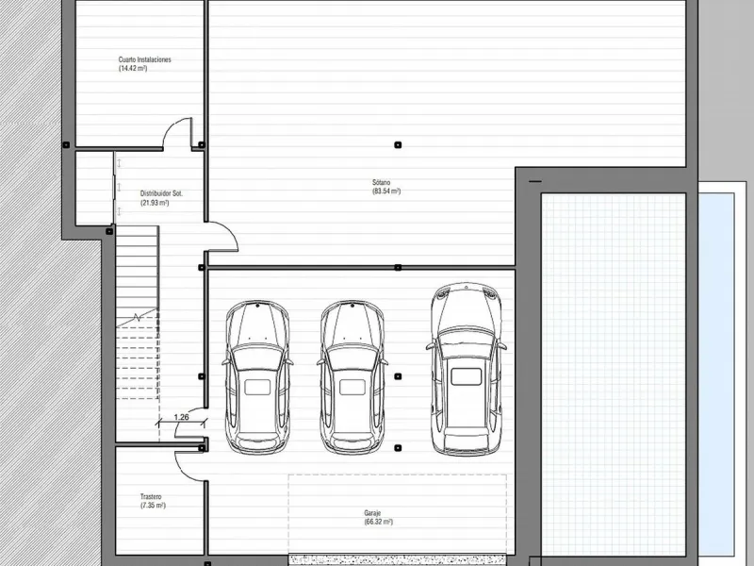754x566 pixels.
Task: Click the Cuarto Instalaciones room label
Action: pos(144,59)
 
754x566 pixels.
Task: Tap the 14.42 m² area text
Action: pos(133,68)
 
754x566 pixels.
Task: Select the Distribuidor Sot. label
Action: pos(161,193)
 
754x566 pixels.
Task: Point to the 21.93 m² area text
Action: pos(155,203)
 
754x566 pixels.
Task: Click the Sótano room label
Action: pos(382,182)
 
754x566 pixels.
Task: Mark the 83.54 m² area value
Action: pos(386,191)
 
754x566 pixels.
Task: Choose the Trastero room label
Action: pos(151,497)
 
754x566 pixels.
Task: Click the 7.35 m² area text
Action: pos(153,506)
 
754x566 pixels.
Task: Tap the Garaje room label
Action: pos(372,513)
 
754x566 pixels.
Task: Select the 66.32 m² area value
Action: pos(379,523)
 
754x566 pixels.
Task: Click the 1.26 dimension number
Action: pos(181,417)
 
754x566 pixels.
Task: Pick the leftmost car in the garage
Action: pos(257,377)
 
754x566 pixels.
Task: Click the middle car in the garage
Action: pos(352,377)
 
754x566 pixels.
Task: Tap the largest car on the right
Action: pos(466,369)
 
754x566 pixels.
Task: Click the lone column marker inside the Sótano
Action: pos(398,145)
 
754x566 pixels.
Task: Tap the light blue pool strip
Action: pos(716,375)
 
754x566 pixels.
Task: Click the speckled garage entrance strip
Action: pos(397,559)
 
